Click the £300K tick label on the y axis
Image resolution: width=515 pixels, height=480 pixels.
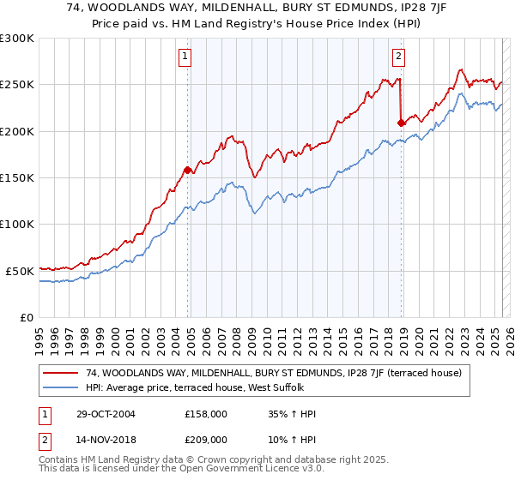17,39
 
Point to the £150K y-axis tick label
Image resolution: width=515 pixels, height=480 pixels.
17,177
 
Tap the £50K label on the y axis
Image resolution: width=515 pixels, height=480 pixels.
21,270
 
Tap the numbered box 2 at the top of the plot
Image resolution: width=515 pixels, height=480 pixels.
399,57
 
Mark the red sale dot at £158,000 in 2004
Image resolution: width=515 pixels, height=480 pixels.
187,170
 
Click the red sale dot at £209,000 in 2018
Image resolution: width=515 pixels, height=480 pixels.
401,123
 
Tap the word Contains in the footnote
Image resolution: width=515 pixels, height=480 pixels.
60,460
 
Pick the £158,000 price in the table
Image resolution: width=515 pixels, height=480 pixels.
205,414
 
